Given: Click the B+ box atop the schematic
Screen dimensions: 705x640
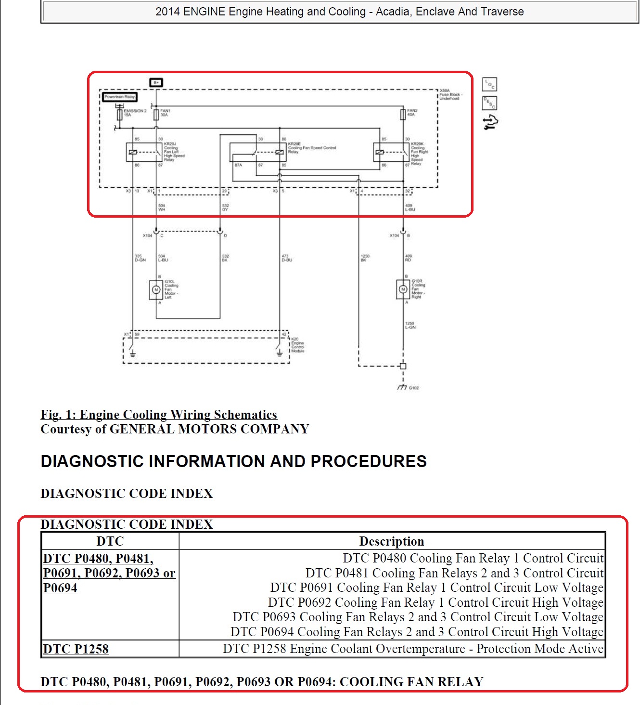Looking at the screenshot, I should click(x=156, y=82).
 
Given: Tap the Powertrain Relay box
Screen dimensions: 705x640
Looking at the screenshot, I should click(x=120, y=97).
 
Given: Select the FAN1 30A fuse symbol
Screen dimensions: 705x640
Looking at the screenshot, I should click(x=156, y=115).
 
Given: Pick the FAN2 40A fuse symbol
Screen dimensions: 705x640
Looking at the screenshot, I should click(x=403, y=114).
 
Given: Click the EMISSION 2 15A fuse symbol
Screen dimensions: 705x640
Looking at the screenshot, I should click(x=119, y=115).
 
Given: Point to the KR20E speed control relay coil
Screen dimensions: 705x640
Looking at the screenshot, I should click(x=279, y=152).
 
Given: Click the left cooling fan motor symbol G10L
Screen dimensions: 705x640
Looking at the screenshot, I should click(x=156, y=290).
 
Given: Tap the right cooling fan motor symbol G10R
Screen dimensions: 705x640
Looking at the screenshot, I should click(x=403, y=289).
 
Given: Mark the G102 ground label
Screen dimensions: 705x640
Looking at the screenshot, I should click(x=414, y=388).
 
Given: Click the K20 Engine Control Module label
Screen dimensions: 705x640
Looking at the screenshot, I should click(x=298, y=345).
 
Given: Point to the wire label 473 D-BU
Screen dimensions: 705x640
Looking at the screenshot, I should click(x=287, y=258).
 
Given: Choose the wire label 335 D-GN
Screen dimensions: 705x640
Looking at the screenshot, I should click(x=140, y=258).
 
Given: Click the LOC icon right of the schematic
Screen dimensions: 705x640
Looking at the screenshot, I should click(x=490, y=85).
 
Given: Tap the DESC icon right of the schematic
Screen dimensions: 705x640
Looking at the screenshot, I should click(x=490, y=103).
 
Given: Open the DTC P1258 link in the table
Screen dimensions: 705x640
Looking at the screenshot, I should click(x=76, y=649).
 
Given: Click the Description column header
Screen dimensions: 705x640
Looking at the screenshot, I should click(x=392, y=541).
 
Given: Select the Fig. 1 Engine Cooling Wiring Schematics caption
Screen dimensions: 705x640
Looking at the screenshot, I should click(x=159, y=415).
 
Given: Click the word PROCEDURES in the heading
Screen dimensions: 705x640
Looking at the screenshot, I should click(x=369, y=461).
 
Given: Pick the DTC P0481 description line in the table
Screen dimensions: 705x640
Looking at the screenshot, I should click(x=454, y=573).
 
